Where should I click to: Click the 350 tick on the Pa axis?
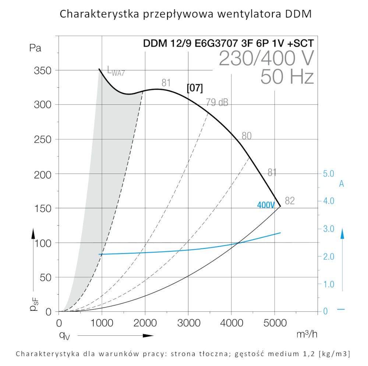[43, 70]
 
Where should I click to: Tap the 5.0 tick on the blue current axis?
[328, 173]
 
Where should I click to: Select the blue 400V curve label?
[266, 205]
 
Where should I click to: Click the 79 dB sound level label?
[217, 102]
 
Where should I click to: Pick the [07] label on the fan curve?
[195, 88]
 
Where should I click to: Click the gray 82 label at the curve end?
[290, 201]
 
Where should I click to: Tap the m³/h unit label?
[307, 334]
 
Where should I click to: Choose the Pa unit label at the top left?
[35, 48]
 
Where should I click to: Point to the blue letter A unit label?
[342, 184]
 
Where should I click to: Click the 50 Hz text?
[287, 77]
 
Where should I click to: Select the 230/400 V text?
[266, 58]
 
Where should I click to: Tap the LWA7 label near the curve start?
[116, 70]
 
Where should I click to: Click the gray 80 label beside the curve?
[247, 136]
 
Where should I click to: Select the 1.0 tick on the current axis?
[328, 284]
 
